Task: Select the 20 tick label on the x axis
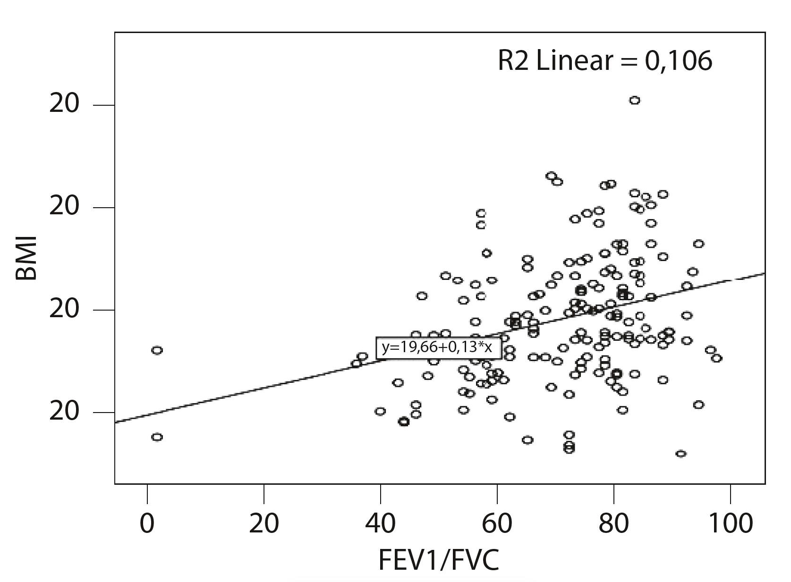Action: pos(264,524)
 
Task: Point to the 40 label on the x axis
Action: pos(380,524)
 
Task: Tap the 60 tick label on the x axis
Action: pos(497,524)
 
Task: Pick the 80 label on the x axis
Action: pos(613,524)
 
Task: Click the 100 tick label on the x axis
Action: pos(730,524)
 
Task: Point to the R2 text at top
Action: pos(514,61)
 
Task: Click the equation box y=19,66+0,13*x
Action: pos(438,348)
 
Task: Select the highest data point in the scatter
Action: pos(635,100)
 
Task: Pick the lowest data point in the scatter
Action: pos(680,454)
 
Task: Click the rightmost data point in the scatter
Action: pos(716,358)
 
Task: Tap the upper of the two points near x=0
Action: pos(157,350)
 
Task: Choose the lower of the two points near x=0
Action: pos(157,437)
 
